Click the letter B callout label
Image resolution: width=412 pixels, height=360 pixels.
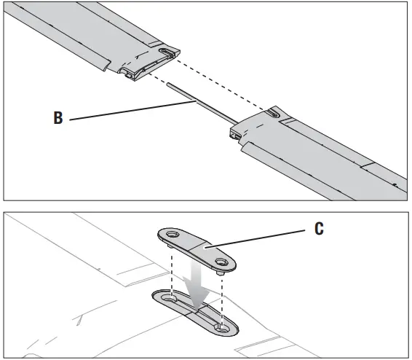58,119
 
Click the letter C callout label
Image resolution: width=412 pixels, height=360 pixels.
318,228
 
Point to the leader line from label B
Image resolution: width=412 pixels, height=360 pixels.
131,111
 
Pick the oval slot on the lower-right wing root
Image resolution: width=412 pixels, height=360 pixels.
272,114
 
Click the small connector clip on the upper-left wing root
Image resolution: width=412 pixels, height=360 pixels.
132,73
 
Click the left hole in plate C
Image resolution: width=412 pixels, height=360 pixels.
171,235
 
